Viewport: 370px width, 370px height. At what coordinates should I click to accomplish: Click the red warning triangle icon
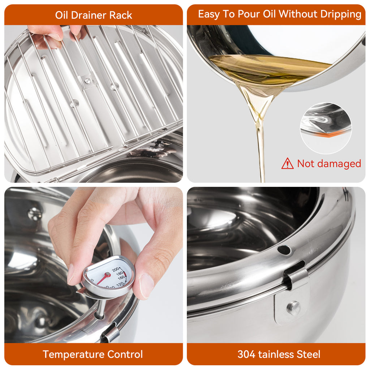click(288, 163)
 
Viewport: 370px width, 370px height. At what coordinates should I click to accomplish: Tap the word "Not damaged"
click(329, 164)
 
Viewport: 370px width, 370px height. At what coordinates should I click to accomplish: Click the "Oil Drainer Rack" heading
click(94, 15)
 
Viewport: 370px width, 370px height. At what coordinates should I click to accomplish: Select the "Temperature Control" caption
click(93, 354)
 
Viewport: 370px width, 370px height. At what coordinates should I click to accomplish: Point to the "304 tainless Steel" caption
click(279, 354)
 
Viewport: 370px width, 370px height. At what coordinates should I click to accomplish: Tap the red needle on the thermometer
click(103, 278)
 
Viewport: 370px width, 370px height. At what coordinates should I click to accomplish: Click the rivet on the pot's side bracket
click(293, 307)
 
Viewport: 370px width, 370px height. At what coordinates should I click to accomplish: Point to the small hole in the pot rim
click(284, 250)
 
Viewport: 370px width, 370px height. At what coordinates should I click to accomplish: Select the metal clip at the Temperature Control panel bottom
click(111, 335)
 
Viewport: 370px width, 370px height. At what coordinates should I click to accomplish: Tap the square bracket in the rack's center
click(88, 80)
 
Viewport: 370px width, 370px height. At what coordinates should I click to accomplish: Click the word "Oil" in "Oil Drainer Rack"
click(62, 15)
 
